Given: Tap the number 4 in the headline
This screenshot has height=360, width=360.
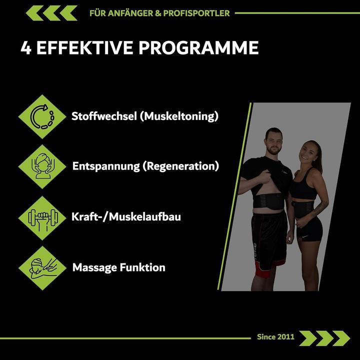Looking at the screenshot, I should (x=26, y=48).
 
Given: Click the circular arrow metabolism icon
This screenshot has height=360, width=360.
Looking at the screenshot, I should (x=42, y=116).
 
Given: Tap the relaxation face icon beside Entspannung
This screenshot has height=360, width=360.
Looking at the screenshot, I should (x=42, y=166).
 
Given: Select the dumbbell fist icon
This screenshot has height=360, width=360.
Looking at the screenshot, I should (x=42, y=217).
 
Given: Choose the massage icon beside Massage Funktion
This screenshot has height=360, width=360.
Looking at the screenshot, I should (x=42, y=267).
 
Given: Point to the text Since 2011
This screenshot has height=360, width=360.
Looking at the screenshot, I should (x=275, y=336).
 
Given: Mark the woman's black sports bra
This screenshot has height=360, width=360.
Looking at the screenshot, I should (x=303, y=189).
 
